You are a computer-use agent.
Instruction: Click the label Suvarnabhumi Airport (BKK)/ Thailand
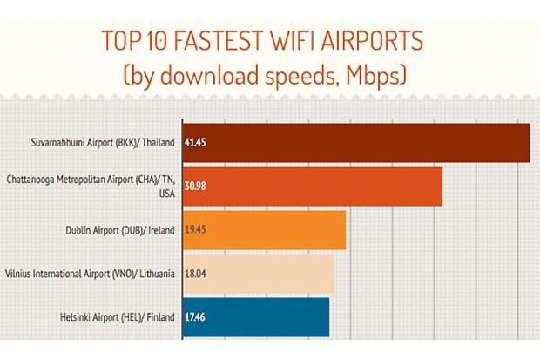104,142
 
